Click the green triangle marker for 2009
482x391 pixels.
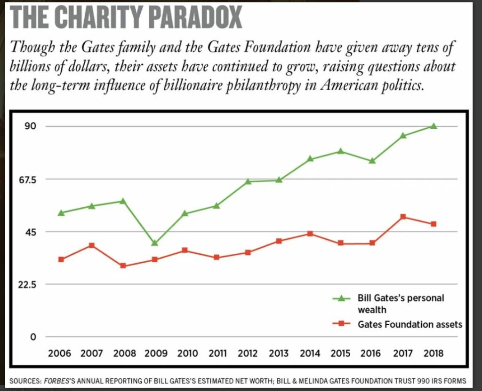tap(154, 243)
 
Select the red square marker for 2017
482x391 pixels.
tap(403, 217)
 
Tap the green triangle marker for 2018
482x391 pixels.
tap(434, 126)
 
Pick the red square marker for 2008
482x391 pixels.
tap(123, 266)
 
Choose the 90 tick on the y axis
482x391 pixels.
tap(31, 126)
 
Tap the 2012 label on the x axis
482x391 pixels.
tap(248, 353)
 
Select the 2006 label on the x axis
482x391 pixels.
tap(60, 353)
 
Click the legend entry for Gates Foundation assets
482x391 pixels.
tap(410, 324)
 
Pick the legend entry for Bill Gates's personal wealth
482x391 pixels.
tap(400, 304)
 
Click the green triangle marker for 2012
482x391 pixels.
tap(248, 181)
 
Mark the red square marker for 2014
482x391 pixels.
tap(310, 234)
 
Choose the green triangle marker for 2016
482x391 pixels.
tap(372, 161)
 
